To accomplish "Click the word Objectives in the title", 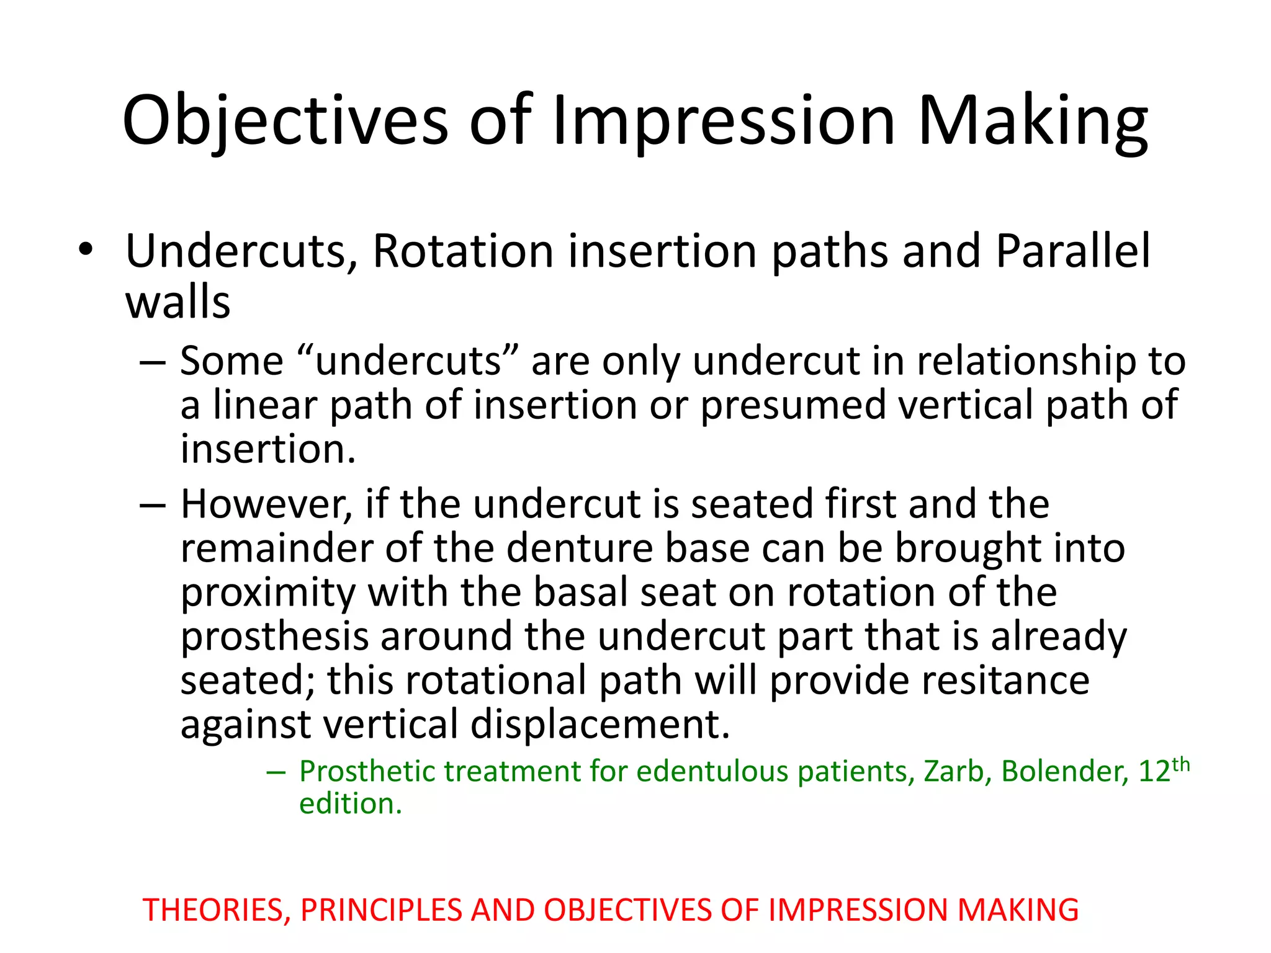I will point(285,121).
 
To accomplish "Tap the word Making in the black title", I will point(1033,121).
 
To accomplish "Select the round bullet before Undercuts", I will point(85,250).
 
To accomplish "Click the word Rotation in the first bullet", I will point(462,251).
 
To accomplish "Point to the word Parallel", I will point(1073,251).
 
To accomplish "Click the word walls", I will point(178,303).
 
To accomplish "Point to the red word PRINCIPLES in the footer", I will point(381,910).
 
